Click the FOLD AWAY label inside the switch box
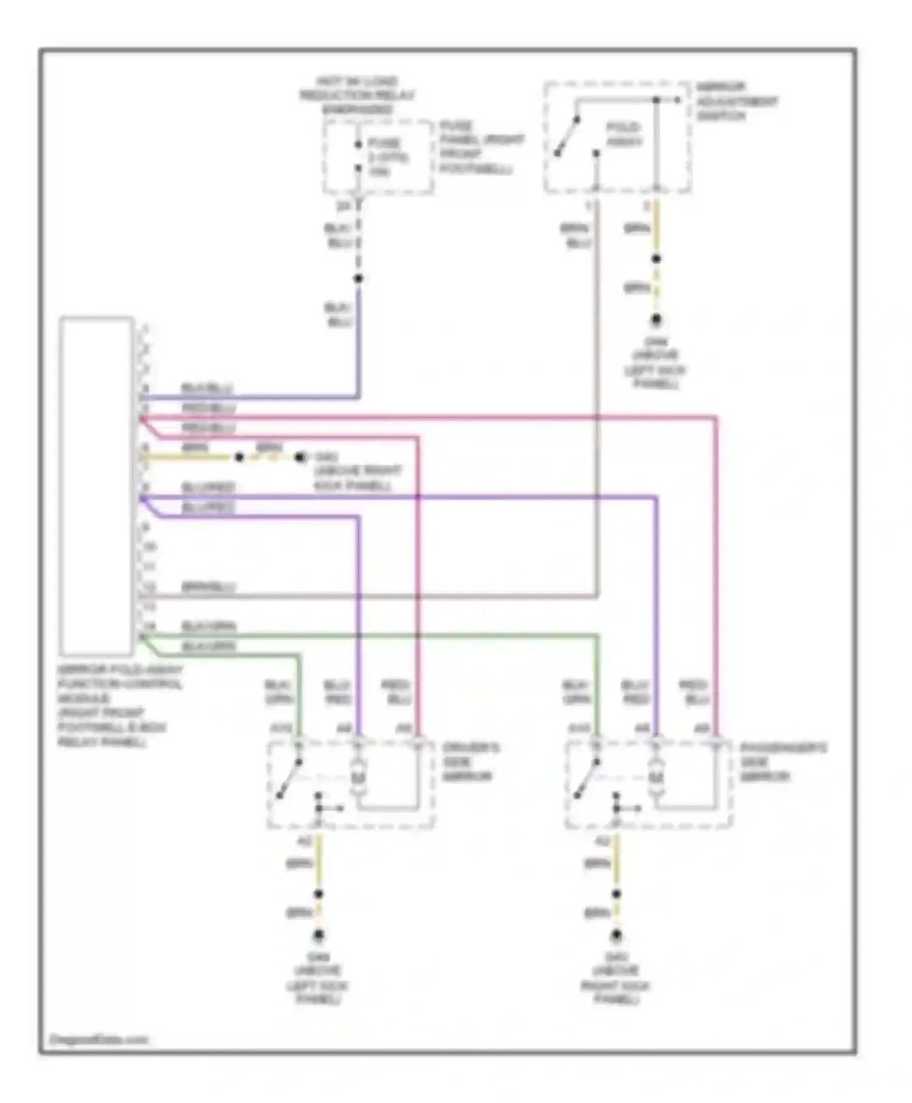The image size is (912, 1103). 624,134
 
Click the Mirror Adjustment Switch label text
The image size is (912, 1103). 736,102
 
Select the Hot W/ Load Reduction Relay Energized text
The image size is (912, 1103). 357,95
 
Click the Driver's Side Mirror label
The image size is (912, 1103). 471,761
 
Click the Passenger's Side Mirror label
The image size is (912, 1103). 783,761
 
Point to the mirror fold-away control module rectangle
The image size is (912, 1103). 97,486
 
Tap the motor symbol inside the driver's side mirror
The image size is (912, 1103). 358,776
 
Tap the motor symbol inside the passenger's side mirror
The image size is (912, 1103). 655,776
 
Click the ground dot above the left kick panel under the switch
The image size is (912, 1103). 656,320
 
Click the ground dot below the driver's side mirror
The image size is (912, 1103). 318,935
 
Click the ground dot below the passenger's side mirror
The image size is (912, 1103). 616,935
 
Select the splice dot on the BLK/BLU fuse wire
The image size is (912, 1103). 358,278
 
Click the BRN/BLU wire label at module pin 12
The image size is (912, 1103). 209,587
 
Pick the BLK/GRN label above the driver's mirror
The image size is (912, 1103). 279,692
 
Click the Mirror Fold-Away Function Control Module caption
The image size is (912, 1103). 119,705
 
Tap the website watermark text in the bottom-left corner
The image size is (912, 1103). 98,1040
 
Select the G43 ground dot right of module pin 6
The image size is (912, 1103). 300,457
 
